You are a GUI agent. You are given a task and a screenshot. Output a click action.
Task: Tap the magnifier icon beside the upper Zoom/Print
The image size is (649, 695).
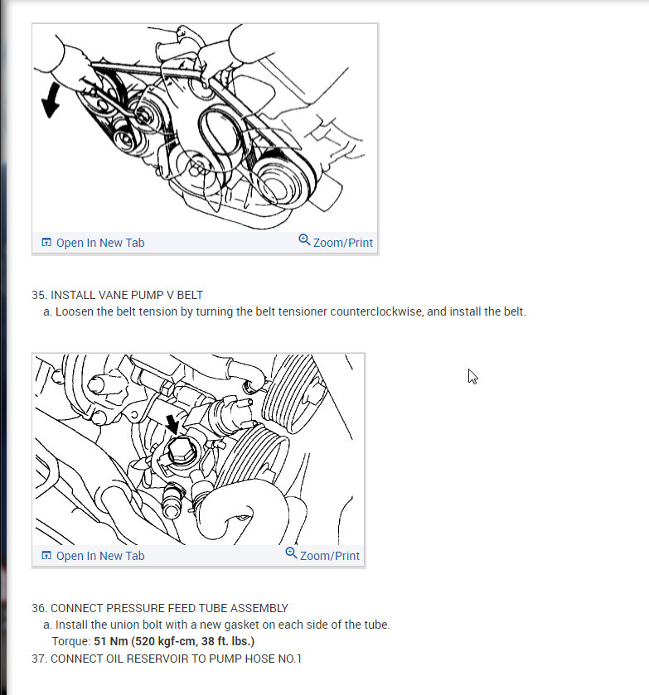(304, 239)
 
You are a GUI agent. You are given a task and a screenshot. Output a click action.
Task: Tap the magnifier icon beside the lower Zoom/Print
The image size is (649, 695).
(291, 553)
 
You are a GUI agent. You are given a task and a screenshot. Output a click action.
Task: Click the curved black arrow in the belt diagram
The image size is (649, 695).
(51, 100)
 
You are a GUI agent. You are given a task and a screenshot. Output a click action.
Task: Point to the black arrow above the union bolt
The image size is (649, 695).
(172, 424)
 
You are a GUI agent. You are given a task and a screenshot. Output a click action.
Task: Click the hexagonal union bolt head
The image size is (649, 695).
(182, 451)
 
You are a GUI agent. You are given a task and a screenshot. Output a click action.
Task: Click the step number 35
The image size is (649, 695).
(39, 295)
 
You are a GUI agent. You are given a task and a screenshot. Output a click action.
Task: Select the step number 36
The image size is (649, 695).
(39, 608)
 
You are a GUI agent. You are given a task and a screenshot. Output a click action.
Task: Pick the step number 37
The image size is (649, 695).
(39, 659)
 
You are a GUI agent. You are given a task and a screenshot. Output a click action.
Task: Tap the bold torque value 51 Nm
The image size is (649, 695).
(111, 641)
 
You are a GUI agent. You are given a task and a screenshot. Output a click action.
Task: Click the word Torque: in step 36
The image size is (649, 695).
(71, 641)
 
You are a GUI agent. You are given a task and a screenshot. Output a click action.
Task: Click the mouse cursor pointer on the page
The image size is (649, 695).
(473, 376)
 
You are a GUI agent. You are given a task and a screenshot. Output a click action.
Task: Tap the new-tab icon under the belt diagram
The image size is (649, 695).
(46, 242)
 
